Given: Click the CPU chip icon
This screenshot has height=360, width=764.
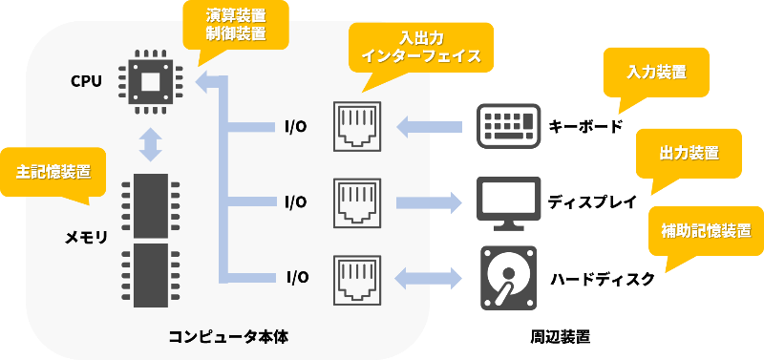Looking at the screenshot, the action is coord(150,82).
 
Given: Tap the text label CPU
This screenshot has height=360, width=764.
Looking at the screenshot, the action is coord(86,81).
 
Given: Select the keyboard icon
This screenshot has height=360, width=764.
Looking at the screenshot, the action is coord(508,126).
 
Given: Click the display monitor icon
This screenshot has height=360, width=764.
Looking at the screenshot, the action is coord(509,203).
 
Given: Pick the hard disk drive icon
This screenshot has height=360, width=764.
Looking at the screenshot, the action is coord(509,278).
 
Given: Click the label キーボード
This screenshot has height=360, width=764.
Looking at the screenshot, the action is coord(586,127).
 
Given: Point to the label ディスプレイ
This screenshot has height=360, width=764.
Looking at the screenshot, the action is coord(592,201).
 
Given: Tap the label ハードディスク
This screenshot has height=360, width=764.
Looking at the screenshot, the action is coord(603,279).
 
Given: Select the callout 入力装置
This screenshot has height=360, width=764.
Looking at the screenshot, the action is coord(656,74).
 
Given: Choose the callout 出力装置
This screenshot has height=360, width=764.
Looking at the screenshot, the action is coord(689,154).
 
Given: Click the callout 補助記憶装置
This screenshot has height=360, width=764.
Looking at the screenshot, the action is coord(706,231).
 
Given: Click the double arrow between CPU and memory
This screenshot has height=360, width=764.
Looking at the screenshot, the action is coord(150,145).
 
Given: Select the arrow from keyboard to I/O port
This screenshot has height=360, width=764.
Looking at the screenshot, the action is coord(429,127).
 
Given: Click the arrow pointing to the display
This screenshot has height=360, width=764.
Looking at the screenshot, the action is coord(429,202).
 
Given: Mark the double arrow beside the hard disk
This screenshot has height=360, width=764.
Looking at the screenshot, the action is coord(429,279).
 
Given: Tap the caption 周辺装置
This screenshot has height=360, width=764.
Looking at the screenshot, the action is coord(561,337).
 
